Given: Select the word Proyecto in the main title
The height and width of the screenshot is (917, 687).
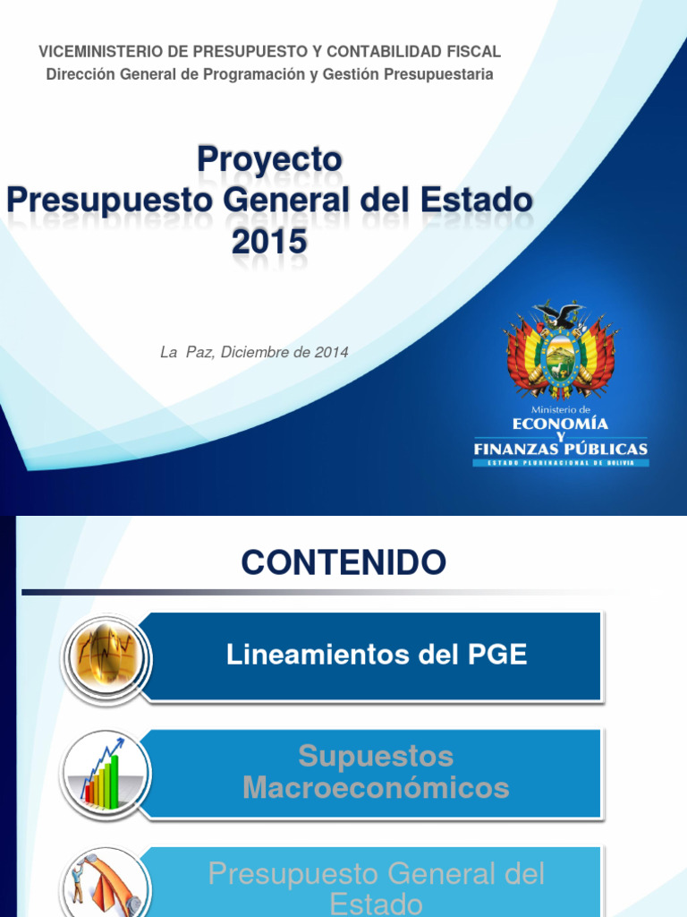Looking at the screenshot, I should [x=269, y=159].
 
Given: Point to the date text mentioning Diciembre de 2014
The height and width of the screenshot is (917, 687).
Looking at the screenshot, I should [x=254, y=353].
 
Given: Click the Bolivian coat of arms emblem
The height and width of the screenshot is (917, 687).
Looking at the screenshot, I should [x=561, y=349].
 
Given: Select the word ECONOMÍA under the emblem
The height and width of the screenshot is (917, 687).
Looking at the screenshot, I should [x=561, y=422].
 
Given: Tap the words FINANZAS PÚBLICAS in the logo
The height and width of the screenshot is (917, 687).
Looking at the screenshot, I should [x=561, y=448].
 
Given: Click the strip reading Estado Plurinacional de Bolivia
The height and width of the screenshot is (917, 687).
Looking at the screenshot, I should [x=561, y=462].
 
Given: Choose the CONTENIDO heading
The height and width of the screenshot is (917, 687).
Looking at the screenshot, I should [x=343, y=563].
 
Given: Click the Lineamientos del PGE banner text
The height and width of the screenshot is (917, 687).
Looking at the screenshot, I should [x=377, y=655].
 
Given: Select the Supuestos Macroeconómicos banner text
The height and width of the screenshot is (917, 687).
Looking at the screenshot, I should [x=376, y=772].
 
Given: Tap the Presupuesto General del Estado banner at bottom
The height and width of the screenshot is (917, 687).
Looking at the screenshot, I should [x=376, y=887].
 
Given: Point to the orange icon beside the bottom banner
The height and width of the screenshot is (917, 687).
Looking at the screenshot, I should [x=104, y=882].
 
